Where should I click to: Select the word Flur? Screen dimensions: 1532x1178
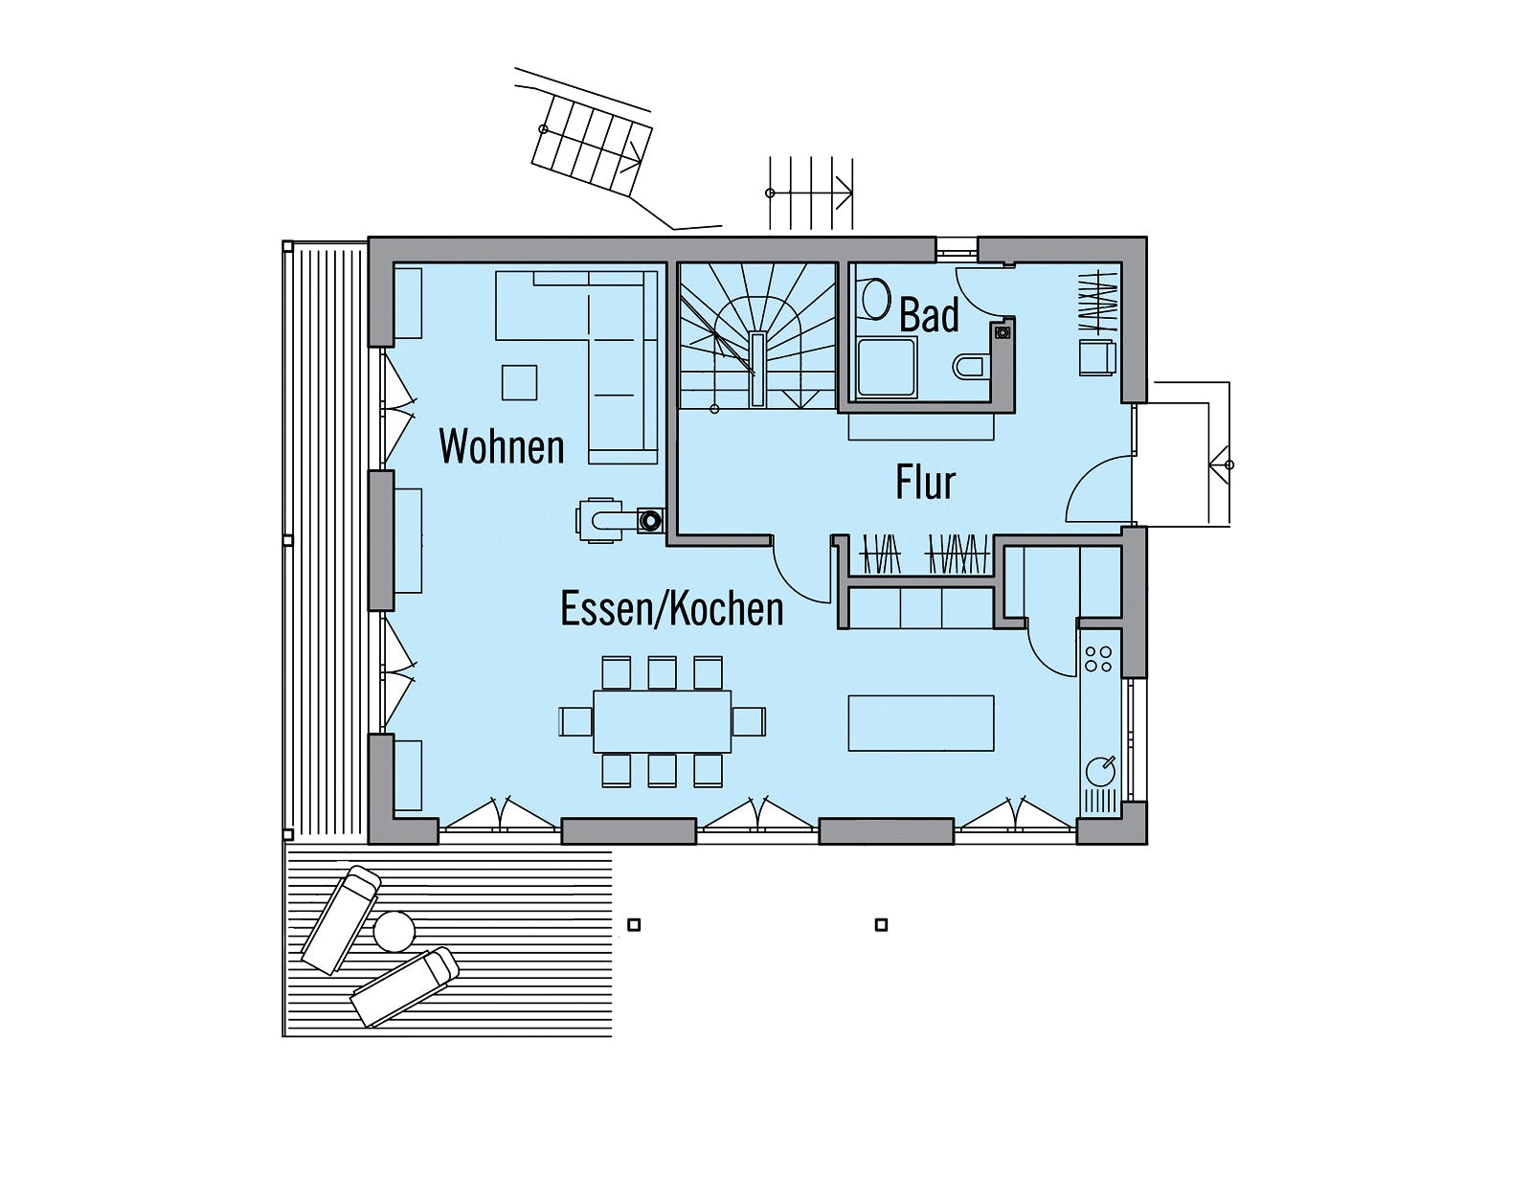point(925,482)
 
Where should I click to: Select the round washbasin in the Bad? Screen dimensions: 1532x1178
point(875,299)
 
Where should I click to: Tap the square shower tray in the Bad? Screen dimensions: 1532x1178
point(887,367)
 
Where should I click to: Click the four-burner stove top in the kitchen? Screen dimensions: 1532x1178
point(1097,659)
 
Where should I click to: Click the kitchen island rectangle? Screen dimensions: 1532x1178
point(921,722)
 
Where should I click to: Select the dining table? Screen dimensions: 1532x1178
point(662,721)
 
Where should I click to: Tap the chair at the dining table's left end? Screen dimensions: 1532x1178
point(576,721)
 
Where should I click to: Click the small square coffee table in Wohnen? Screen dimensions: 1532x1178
point(520,382)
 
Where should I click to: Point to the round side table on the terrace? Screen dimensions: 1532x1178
point(394,931)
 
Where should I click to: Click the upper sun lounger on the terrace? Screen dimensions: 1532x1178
point(341,919)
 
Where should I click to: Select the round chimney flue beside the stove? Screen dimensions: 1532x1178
point(649,521)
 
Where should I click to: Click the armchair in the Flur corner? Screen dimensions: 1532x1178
point(1097,357)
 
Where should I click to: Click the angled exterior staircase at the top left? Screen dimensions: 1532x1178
point(592,152)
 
